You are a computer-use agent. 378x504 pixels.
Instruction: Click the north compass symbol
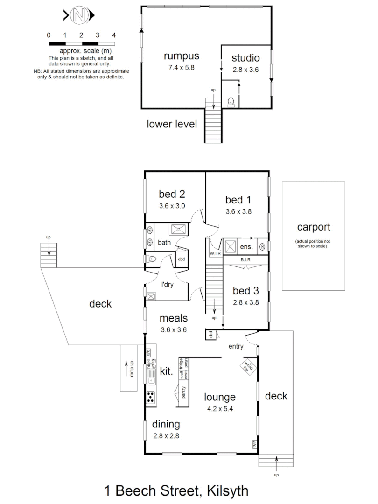79,16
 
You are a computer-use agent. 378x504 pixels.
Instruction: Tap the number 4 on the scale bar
114,35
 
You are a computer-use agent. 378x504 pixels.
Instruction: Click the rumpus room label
182,56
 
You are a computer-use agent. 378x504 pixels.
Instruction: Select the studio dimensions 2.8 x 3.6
246,69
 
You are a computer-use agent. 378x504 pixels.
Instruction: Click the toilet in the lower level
231,102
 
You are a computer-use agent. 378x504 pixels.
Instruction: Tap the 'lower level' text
172,124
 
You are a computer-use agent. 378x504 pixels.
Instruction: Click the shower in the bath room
177,229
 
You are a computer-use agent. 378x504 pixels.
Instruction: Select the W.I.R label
215,253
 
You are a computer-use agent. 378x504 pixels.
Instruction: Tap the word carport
314,227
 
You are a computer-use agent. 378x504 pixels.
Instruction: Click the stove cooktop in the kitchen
151,397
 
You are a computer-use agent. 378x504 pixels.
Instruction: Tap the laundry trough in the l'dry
151,295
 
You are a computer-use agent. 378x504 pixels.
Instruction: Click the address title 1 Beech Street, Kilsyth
176,490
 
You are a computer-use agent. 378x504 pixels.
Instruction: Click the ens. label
246,246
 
